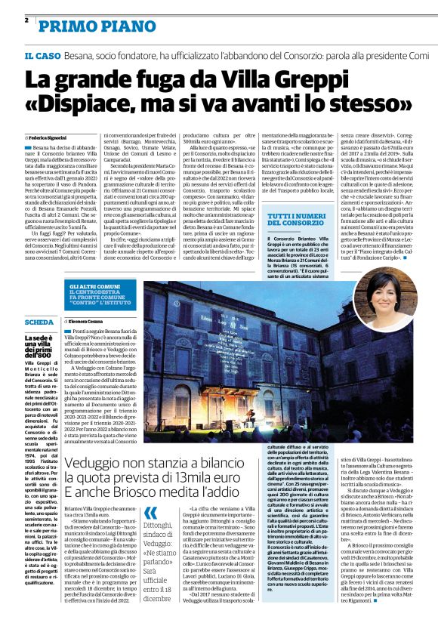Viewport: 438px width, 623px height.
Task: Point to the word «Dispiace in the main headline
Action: click(x=79, y=102)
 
